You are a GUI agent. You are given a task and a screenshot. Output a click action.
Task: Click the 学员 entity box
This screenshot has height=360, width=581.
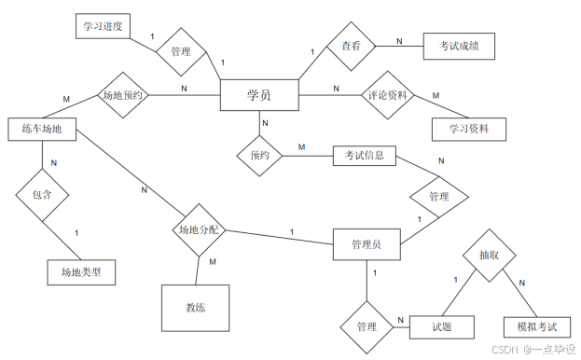pyautogui.click(x=258, y=95)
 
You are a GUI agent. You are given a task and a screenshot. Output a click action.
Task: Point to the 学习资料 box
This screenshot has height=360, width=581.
pyautogui.click(x=469, y=128)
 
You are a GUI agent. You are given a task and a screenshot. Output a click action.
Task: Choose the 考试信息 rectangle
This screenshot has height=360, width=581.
pyautogui.click(x=365, y=155)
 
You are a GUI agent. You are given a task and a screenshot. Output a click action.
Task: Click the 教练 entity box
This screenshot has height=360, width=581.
pyautogui.click(x=195, y=307)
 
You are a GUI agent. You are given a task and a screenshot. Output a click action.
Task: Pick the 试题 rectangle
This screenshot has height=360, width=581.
pyautogui.click(x=442, y=326)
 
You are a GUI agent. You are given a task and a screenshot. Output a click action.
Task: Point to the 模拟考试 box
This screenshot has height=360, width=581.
pyautogui.click(x=530, y=326)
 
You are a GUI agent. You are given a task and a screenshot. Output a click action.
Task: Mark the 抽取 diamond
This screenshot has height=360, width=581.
pyautogui.click(x=489, y=253)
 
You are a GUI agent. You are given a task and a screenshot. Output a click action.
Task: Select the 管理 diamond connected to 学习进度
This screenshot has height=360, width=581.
pyautogui.click(x=181, y=52)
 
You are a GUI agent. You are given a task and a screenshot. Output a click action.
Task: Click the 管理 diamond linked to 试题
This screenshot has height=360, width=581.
pyautogui.click(x=367, y=327)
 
